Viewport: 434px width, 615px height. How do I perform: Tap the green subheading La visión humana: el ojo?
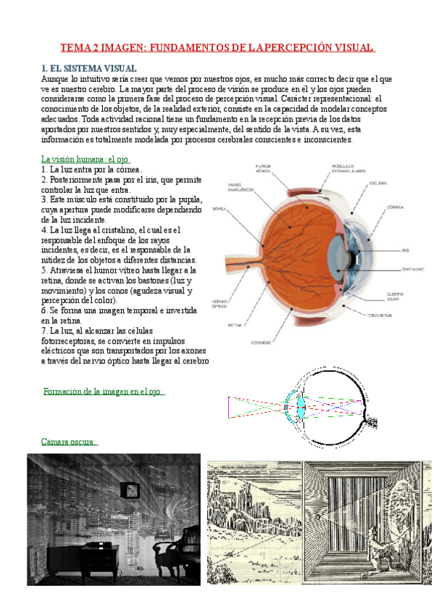pyautogui.click(x=85, y=159)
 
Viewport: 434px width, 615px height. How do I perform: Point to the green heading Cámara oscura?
pyautogui.click(x=70, y=441)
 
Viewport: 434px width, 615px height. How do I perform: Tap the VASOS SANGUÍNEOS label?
pyautogui.click(x=240, y=187)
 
